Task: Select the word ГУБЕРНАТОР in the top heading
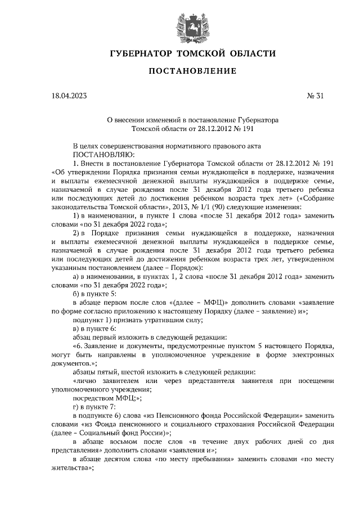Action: [139, 53]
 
